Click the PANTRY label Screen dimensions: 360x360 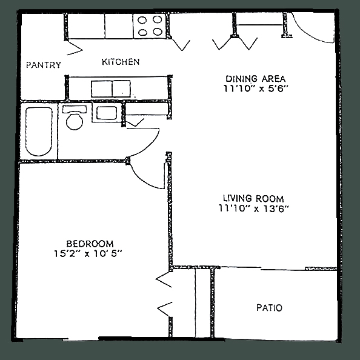coord(44,65)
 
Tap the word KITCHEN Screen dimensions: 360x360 coord(121,62)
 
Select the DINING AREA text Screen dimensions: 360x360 coord(256,79)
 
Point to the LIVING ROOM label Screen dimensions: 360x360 coord(253,198)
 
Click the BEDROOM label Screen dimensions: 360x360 coord(90,244)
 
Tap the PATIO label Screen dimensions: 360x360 coord(269,308)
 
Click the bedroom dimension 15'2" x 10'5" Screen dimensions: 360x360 coord(88,254)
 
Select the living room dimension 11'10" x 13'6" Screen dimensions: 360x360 coord(253,208)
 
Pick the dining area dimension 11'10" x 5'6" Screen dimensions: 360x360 coord(256,88)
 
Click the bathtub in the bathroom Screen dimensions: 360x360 coord(39,132)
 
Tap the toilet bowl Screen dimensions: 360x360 coord(75,121)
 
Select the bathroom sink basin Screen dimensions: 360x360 coord(106,113)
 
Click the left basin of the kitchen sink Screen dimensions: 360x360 coord(102,88)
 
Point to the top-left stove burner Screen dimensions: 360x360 coord(142,21)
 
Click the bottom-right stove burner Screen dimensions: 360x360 coord(158,32)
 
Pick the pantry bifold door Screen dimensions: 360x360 coord(75,48)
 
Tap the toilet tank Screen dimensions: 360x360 coord(75,109)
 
